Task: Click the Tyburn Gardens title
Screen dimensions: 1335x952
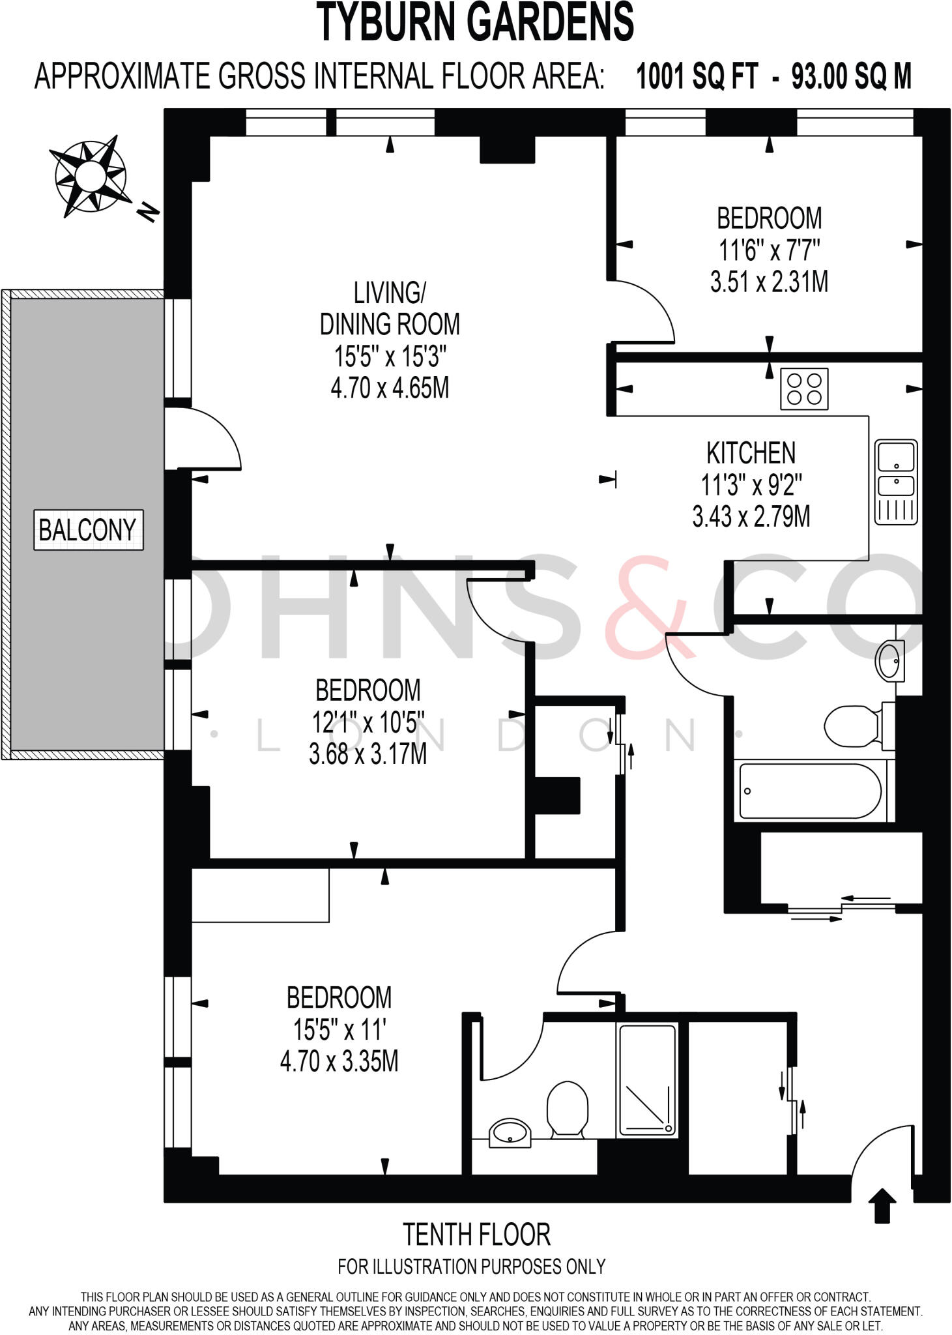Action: (x=476, y=22)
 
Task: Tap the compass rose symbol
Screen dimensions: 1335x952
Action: (x=89, y=176)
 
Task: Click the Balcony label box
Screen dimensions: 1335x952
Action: (x=89, y=529)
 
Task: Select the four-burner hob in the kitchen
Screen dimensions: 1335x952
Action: (x=804, y=389)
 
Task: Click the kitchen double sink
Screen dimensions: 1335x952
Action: (x=896, y=482)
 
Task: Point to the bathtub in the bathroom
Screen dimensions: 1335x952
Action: (x=811, y=791)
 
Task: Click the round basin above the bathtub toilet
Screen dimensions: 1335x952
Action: (x=890, y=661)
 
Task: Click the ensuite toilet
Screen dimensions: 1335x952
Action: (x=568, y=1110)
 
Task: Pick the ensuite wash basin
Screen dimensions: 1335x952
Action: (x=510, y=1133)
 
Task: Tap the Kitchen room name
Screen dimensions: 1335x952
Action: (x=751, y=453)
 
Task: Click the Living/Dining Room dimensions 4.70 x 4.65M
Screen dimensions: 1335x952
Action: (x=390, y=389)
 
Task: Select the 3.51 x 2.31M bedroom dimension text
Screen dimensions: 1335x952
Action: (x=769, y=282)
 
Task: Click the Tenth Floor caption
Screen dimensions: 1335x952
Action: (x=476, y=1234)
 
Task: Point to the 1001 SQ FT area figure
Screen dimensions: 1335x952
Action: (x=697, y=77)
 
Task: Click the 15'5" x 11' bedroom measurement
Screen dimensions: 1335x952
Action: (x=339, y=1029)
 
